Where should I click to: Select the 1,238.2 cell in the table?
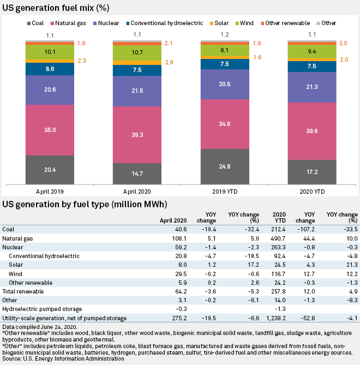tap(277, 318)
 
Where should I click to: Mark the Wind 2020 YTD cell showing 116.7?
tap(279, 273)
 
